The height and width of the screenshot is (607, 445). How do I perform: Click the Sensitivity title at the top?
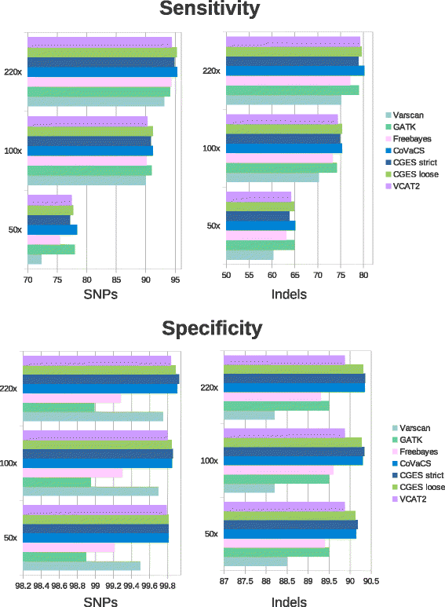tap(210, 9)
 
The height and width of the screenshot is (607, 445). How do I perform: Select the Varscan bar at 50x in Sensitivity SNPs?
tap(35, 259)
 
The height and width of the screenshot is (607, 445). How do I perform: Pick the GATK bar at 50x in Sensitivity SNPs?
tap(51, 250)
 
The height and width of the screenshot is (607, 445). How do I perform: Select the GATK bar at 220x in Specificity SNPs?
tap(59, 408)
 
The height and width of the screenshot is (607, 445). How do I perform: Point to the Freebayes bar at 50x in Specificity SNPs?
tap(68, 547)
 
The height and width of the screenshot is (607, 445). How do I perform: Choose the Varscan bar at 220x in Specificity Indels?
tap(249, 415)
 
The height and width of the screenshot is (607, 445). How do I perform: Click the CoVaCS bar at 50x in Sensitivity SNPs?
tap(52, 230)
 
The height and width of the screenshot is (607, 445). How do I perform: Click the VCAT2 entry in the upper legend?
tap(407, 185)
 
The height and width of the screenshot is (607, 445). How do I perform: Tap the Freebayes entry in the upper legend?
tap(412, 138)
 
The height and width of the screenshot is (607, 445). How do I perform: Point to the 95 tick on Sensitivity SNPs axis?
tap(176, 279)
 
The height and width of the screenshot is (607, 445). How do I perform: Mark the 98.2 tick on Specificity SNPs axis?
tap(23, 585)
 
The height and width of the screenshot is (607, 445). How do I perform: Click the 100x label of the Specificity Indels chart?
tap(210, 460)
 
